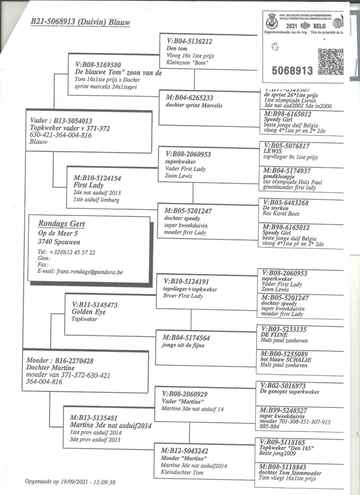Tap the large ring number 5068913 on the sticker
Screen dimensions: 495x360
coord(292,70)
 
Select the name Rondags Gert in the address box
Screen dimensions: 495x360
coord(62,224)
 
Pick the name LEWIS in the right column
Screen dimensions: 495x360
coord(272,152)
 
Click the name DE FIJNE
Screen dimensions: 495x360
coord(274,335)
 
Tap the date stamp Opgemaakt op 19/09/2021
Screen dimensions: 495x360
coord(70,482)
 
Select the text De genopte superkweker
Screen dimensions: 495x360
coord(289,391)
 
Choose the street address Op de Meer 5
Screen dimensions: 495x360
coord(58,233)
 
